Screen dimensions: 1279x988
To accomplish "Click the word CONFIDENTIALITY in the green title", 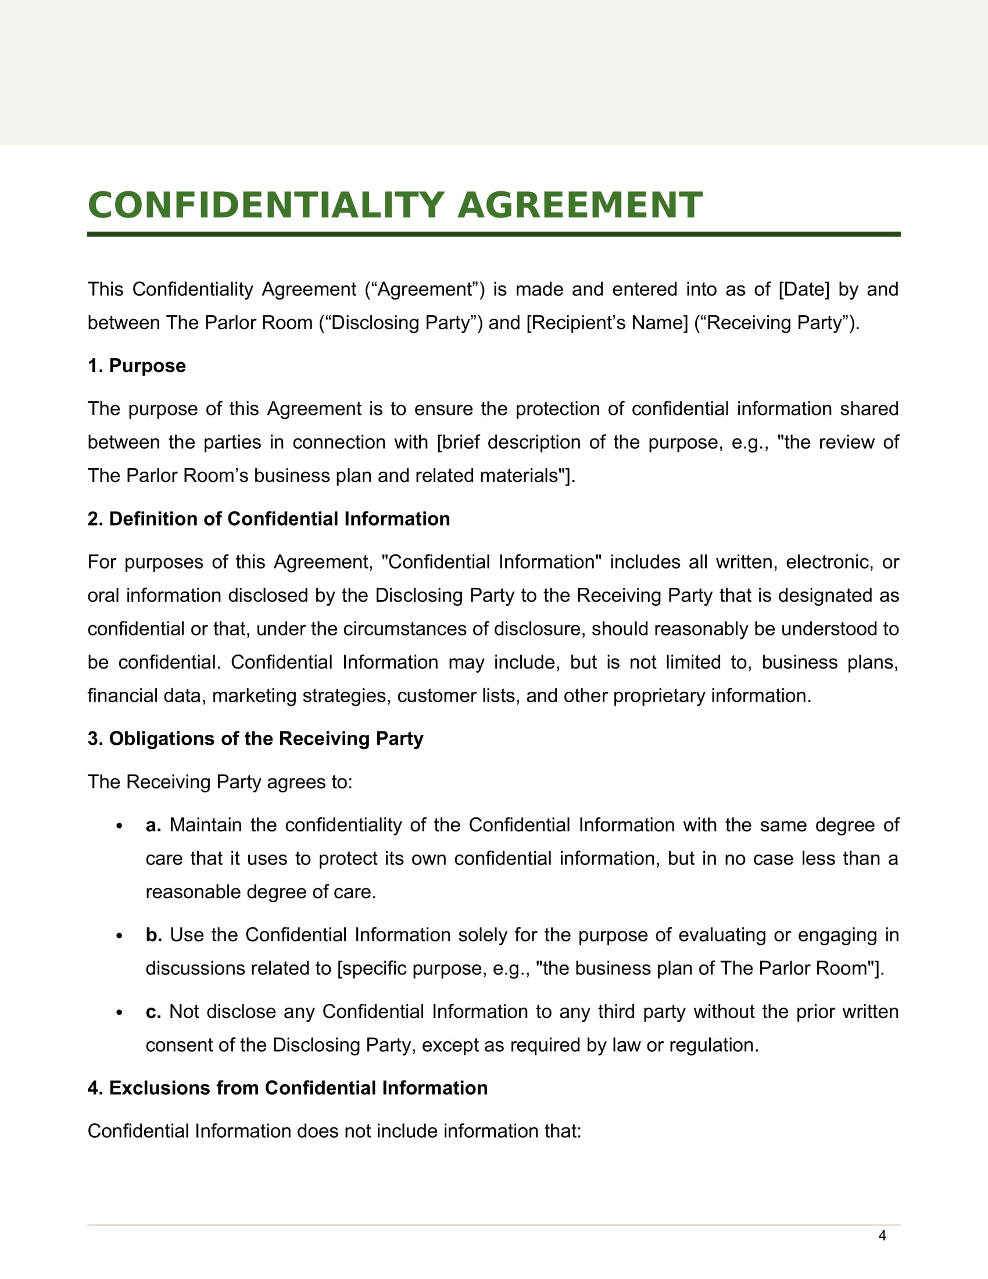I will [266, 206].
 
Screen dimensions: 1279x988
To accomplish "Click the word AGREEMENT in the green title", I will [579, 206].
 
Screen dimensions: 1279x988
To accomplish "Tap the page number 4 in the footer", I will [882, 1235].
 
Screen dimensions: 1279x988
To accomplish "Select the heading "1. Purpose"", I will [137, 366].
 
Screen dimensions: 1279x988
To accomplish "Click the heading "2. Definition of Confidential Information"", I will [269, 519].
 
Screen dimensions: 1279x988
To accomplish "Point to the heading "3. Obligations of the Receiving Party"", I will [255, 738].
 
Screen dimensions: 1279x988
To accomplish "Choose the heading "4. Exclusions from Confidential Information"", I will [287, 1088].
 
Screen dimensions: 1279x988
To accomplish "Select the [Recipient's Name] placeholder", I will [607, 323].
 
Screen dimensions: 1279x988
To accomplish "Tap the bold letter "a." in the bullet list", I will [153, 825].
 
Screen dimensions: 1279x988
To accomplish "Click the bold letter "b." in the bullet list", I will [154, 935].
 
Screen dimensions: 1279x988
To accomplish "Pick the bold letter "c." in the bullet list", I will [153, 1012].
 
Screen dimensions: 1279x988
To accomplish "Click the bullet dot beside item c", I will [119, 1013].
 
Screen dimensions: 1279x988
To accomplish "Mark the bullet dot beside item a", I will [119, 826].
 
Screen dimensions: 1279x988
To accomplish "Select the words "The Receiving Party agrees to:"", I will [220, 782].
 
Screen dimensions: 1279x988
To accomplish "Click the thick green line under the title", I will [493, 234].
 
